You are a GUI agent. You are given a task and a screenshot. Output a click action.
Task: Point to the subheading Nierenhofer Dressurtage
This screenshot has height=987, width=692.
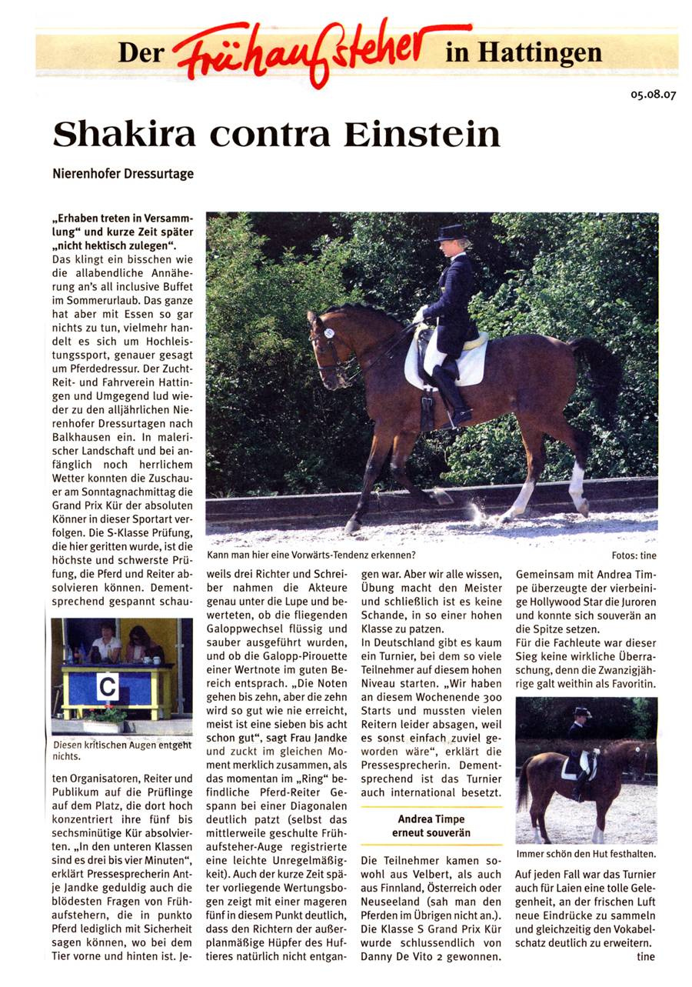pos(123,174)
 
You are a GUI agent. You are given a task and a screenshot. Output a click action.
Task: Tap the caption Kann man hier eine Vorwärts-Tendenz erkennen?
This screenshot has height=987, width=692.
pos(312,555)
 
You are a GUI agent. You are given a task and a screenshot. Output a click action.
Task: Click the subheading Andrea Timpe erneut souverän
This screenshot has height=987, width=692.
pos(431,826)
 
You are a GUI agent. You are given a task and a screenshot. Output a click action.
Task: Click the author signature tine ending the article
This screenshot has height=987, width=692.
pos(644,957)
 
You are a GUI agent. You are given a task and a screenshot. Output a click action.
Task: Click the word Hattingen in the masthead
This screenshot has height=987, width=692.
pos(540,52)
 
